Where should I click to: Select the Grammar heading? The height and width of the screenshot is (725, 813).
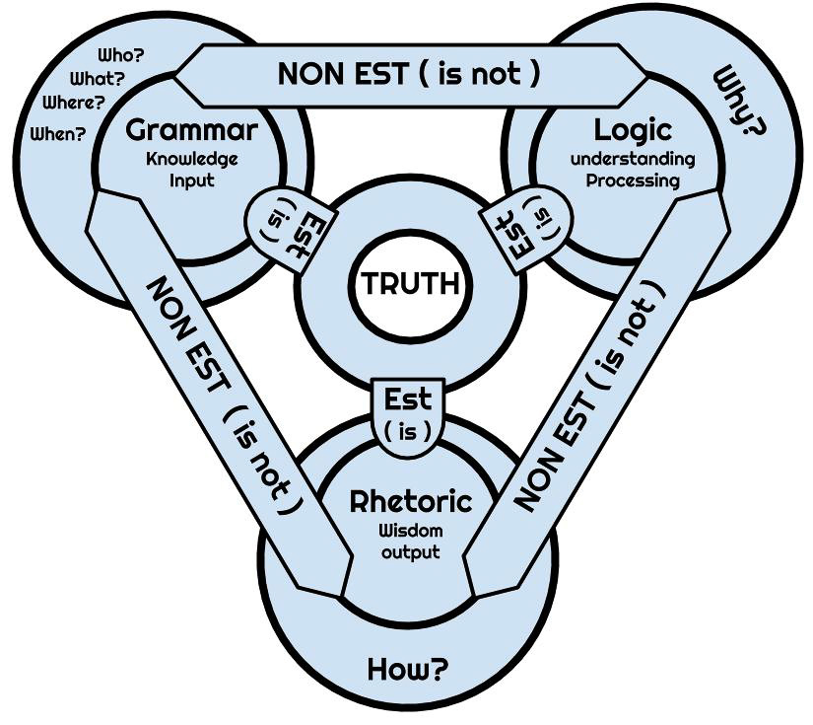(x=192, y=130)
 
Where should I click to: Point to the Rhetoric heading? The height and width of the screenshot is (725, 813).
(x=411, y=501)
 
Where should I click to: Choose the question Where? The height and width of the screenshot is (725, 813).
(x=74, y=103)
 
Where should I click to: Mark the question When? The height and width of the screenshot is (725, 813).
(x=59, y=134)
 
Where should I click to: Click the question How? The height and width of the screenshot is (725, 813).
(x=407, y=670)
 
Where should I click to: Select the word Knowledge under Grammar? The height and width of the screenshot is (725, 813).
(x=192, y=158)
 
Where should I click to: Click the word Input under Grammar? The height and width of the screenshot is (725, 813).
(x=192, y=181)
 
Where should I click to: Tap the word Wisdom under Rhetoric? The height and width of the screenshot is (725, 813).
(x=411, y=530)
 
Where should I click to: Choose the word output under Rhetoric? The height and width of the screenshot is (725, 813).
(x=411, y=551)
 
